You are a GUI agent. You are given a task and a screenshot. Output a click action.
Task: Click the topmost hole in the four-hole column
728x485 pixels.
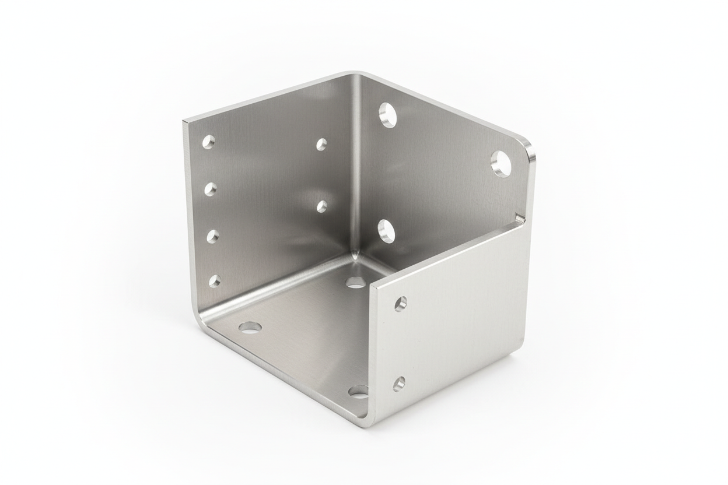(208, 142)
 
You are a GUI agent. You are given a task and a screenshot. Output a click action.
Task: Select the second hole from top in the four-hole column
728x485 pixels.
(210, 189)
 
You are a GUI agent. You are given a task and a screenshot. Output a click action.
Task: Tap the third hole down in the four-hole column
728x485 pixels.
(212, 236)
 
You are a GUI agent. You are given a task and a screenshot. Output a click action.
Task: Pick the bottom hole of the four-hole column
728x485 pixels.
(215, 281)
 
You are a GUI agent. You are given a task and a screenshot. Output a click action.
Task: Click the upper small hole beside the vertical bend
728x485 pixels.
(321, 145)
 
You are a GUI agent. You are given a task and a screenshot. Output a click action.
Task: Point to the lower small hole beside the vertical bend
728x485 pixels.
(322, 206)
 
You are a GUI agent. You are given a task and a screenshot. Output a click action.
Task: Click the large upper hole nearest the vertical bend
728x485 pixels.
(387, 115)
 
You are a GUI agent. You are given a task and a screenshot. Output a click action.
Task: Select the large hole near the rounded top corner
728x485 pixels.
(501, 164)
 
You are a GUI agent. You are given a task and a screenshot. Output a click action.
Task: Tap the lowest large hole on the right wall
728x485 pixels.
(386, 231)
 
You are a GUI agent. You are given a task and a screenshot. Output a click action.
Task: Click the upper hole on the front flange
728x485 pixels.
(400, 304)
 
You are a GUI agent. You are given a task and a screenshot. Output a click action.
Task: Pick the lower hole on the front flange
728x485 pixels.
(399, 384)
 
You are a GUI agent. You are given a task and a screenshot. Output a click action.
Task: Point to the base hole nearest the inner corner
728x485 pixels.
(356, 283)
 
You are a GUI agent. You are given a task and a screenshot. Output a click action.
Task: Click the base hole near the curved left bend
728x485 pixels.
(250, 327)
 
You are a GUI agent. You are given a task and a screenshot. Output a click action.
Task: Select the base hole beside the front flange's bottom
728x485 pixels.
(358, 391)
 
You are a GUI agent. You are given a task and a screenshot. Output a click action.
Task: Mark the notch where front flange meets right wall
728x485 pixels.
(519, 219)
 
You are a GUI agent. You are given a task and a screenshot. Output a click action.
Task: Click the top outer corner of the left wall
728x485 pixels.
(185, 122)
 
